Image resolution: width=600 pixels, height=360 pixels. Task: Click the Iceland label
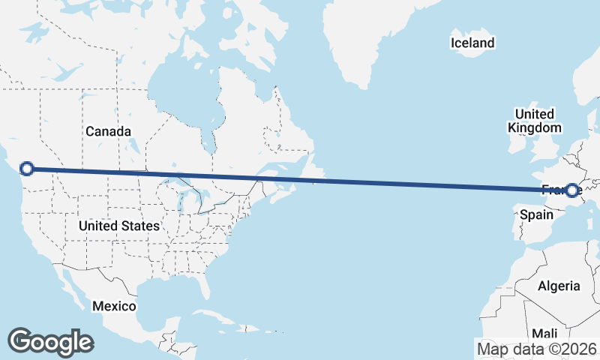point(472,43)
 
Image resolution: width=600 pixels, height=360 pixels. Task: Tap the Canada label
point(108,131)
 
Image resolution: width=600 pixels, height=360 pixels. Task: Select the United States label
point(118,226)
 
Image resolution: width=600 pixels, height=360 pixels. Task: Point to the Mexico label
point(114,306)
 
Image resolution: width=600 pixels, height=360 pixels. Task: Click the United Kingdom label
point(534,121)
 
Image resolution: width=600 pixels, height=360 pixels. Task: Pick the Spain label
point(536,215)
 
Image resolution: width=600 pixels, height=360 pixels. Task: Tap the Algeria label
point(559,286)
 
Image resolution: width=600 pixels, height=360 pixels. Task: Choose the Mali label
point(545,333)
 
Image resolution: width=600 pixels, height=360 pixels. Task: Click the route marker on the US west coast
point(27,169)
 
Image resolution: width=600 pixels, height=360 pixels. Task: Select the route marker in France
point(572,190)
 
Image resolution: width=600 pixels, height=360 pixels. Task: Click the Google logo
point(50,341)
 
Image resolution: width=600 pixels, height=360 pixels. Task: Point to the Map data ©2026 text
point(537,349)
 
